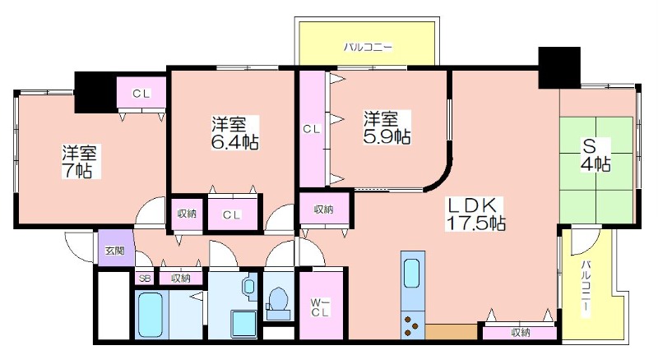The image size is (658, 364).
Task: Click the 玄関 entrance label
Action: (114, 251)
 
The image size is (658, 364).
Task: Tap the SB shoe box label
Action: (145, 279)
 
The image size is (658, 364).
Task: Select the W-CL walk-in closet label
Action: (320, 307)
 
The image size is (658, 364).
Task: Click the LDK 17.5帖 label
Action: (475, 214)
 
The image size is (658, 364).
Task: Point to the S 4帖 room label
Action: (595, 155)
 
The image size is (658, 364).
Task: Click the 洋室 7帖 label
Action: (80, 162)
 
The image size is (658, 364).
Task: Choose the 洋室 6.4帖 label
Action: (235, 133)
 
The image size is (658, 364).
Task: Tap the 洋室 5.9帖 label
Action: (387, 127)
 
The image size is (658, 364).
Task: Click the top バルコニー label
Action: (368, 47)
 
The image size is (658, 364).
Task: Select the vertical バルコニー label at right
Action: (586, 288)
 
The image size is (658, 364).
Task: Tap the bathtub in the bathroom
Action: (151, 315)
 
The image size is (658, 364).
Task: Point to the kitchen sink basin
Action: (411, 273)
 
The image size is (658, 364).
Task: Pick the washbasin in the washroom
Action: (248, 287)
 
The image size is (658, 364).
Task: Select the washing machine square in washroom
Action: (244, 323)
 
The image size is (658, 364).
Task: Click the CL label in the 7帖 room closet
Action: (141, 94)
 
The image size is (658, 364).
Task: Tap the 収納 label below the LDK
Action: (521, 333)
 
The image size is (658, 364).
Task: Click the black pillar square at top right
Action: (559, 67)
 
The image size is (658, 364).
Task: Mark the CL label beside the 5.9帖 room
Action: (312, 130)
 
